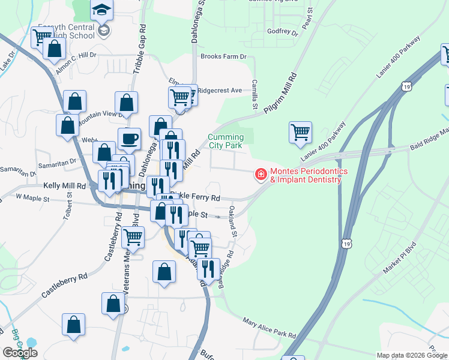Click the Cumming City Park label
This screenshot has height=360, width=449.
225,141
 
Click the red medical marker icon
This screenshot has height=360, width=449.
261,175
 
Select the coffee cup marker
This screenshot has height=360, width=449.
130,140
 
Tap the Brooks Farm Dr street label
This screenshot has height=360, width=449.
223,56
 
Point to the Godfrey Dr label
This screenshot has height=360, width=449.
282,31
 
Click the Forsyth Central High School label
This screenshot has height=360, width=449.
66,31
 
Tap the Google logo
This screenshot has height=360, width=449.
20,352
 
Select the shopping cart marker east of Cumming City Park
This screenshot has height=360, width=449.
300,132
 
